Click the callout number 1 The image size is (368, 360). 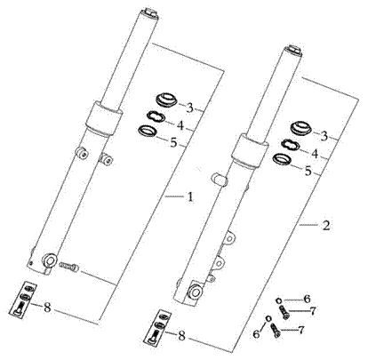190,196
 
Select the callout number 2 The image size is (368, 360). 325,226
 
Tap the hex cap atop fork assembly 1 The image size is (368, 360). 149,13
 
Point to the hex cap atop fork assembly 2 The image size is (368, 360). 293,50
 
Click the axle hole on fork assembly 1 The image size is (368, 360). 50,260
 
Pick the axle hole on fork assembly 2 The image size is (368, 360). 196,292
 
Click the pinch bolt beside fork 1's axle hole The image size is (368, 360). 69,266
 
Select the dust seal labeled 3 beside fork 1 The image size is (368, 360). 166,100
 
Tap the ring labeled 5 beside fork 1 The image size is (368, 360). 147,132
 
